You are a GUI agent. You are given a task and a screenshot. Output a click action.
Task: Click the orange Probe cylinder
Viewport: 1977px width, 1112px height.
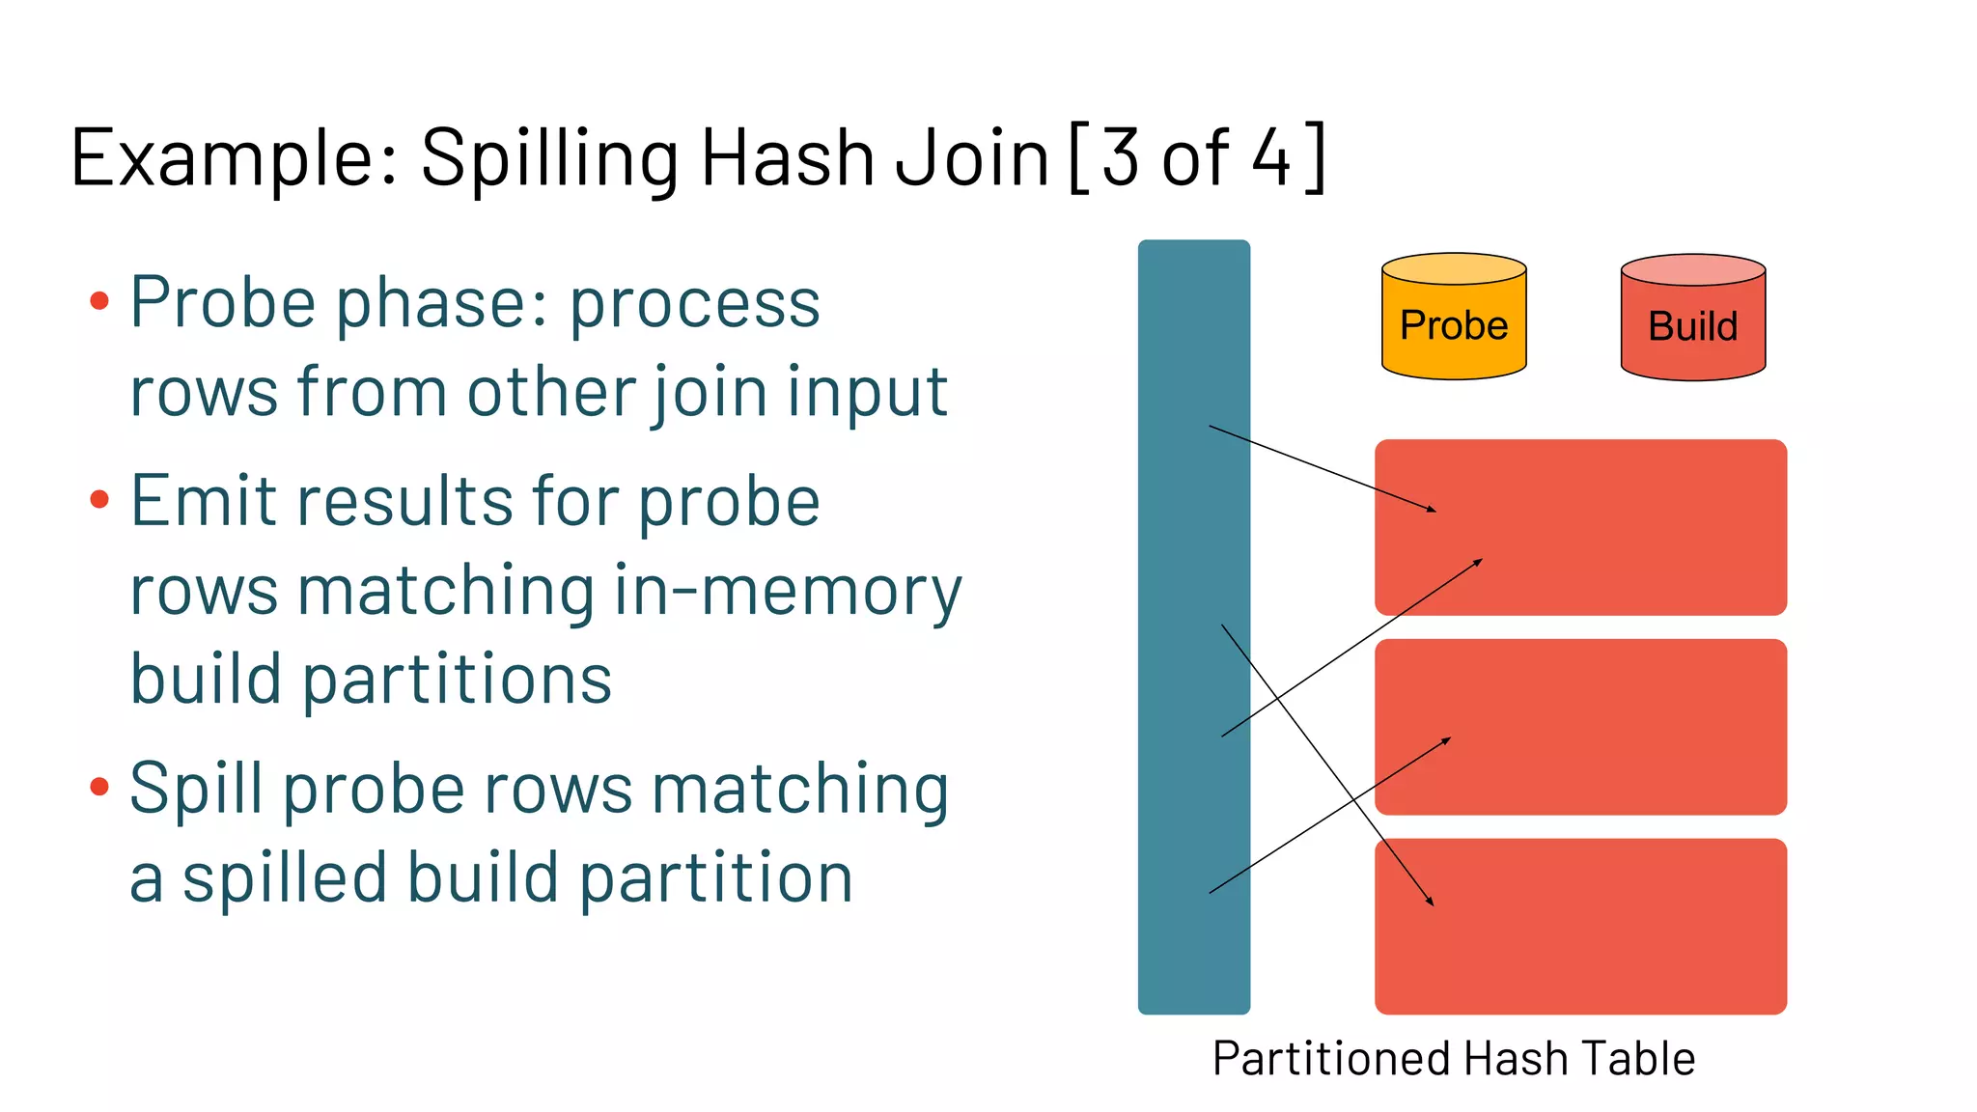(x=1454, y=319)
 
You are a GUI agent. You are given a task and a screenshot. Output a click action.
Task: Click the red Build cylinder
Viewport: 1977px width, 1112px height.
(x=1692, y=320)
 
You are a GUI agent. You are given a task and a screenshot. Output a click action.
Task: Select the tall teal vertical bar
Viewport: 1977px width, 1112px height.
(x=1193, y=627)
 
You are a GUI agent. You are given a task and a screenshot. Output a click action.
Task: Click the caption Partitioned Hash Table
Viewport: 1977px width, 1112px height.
(x=1454, y=1059)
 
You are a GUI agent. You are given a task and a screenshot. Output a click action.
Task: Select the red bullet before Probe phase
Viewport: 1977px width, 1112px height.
(x=99, y=301)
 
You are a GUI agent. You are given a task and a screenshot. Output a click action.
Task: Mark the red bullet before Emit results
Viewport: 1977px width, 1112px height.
(x=99, y=499)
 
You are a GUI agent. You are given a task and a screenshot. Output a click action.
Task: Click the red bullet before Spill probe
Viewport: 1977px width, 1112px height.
(x=99, y=787)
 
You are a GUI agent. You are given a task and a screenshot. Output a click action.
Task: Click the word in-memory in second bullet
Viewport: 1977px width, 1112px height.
(x=788, y=591)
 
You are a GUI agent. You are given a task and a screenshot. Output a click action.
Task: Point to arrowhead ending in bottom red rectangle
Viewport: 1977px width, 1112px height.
(x=1431, y=902)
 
